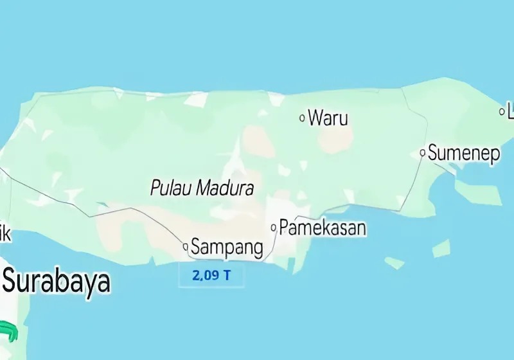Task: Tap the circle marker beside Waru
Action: point(303,118)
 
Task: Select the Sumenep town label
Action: point(463,154)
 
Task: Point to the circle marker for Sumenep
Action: point(423,153)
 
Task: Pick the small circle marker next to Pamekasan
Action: point(274,228)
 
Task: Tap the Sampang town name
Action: point(227,247)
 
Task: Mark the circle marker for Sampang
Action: point(186,246)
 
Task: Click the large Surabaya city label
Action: point(57,282)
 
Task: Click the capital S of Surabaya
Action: point(11,282)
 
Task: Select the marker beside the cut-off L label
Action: point(502,112)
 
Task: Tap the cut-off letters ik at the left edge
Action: point(4,235)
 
